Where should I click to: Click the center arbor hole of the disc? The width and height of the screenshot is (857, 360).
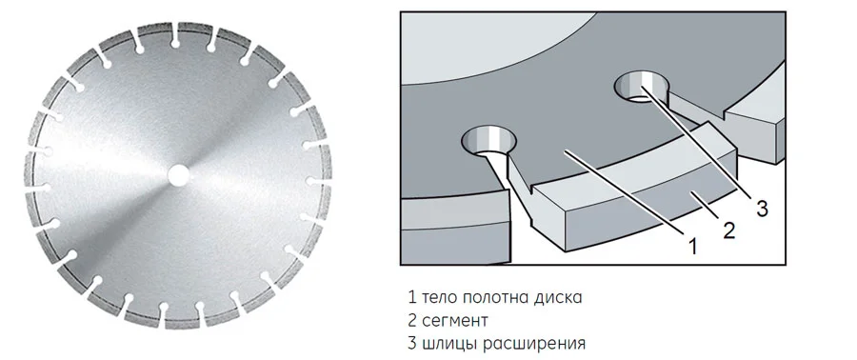[177, 176]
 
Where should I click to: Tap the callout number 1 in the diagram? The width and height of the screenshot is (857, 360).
[692, 247]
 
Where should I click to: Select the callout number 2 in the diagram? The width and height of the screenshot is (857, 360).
[729, 230]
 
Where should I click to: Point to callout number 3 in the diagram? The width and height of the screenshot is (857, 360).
[762, 209]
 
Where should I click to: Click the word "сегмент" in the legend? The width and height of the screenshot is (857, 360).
[455, 321]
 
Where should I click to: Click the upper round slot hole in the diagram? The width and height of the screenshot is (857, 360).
[641, 88]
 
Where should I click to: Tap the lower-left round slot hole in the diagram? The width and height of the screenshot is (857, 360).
[488, 142]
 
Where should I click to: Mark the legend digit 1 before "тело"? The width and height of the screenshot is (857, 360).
[412, 298]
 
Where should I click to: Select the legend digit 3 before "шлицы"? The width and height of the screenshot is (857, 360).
[412, 344]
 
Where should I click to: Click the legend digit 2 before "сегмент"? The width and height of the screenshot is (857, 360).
[412, 321]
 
